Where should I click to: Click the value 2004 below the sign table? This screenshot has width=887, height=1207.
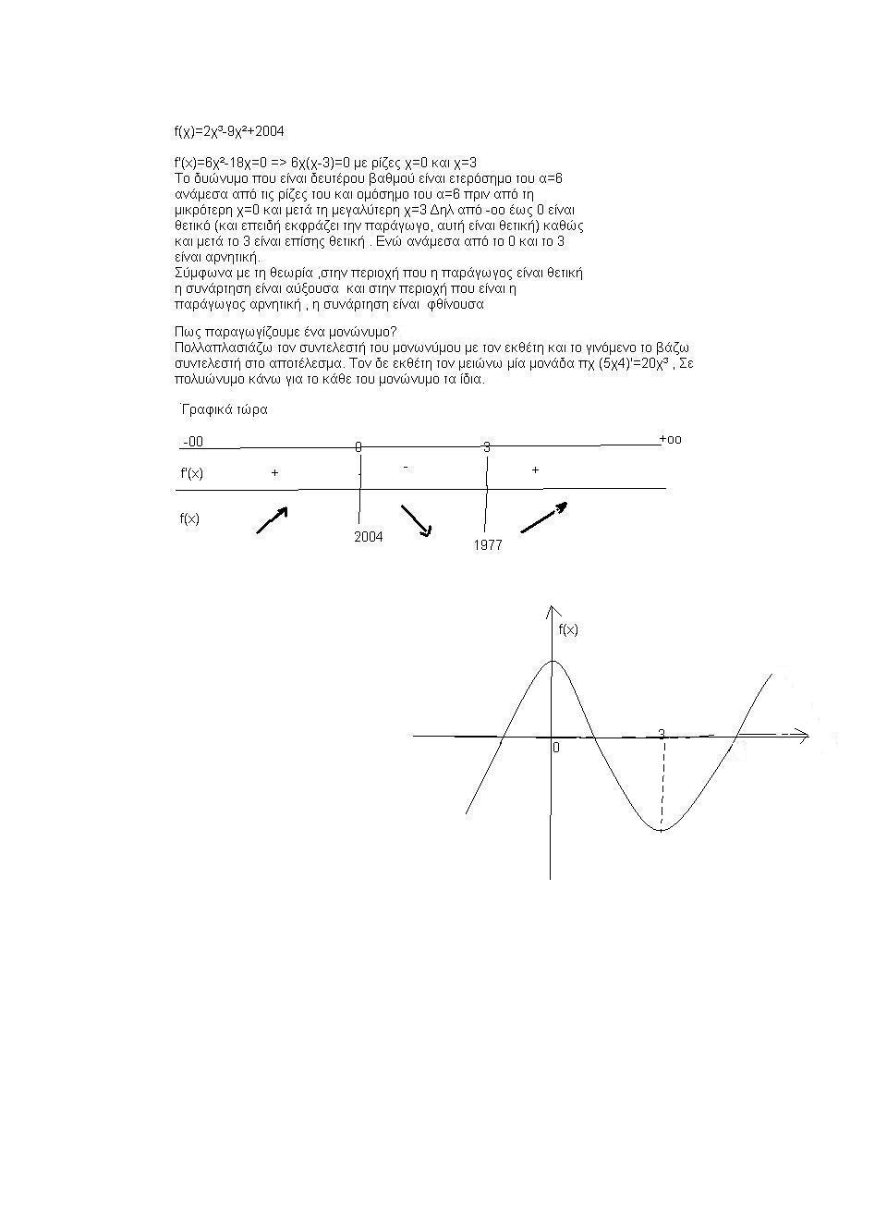[368, 536]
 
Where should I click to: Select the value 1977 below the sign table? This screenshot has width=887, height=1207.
[487, 545]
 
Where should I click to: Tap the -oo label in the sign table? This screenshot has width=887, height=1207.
[193, 442]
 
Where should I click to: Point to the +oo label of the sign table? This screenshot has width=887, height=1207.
[670, 439]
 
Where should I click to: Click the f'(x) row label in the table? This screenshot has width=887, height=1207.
[191, 473]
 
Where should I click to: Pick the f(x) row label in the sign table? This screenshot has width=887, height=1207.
[189, 518]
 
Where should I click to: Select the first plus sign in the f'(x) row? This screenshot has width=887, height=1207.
[274, 472]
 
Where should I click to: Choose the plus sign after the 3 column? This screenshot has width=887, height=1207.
[535, 470]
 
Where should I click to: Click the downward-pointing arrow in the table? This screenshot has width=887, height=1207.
[416, 520]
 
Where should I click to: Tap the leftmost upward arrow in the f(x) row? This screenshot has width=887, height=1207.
[272, 520]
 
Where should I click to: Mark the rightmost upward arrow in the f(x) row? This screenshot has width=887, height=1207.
[543, 518]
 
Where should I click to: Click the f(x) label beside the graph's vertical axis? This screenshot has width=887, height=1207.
[568, 629]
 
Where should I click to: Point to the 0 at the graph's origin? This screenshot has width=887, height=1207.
[555, 748]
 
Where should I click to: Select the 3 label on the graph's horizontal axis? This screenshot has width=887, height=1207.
[662, 734]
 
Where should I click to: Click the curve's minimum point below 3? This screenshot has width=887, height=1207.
[661, 830]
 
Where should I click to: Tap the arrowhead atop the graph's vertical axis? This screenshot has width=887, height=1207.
[552, 611]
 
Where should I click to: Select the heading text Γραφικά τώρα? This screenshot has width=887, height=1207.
[225, 409]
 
